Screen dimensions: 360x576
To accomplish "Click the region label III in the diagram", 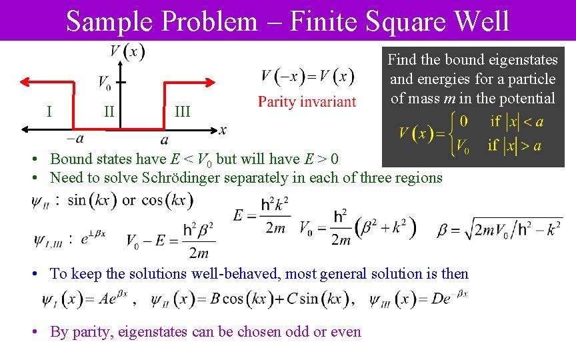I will click(182, 112).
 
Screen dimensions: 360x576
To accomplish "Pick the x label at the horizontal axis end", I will click(222, 129).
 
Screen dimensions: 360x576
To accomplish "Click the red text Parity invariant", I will click(307, 102).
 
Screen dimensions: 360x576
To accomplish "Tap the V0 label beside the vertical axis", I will click(105, 83).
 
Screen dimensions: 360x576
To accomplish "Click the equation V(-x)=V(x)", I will click(307, 76).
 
